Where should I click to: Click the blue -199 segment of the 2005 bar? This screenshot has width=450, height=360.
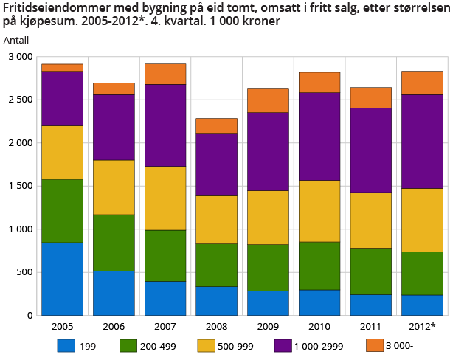(62, 278)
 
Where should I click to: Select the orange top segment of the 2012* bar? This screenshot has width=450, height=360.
(421, 83)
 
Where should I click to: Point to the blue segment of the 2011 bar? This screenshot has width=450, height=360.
(370, 305)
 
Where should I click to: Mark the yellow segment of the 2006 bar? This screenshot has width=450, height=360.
(114, 187)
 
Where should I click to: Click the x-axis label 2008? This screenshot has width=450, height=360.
(216, 326)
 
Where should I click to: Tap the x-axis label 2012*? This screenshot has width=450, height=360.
(421, 326)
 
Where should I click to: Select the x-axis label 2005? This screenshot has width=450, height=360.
(62, 326)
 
